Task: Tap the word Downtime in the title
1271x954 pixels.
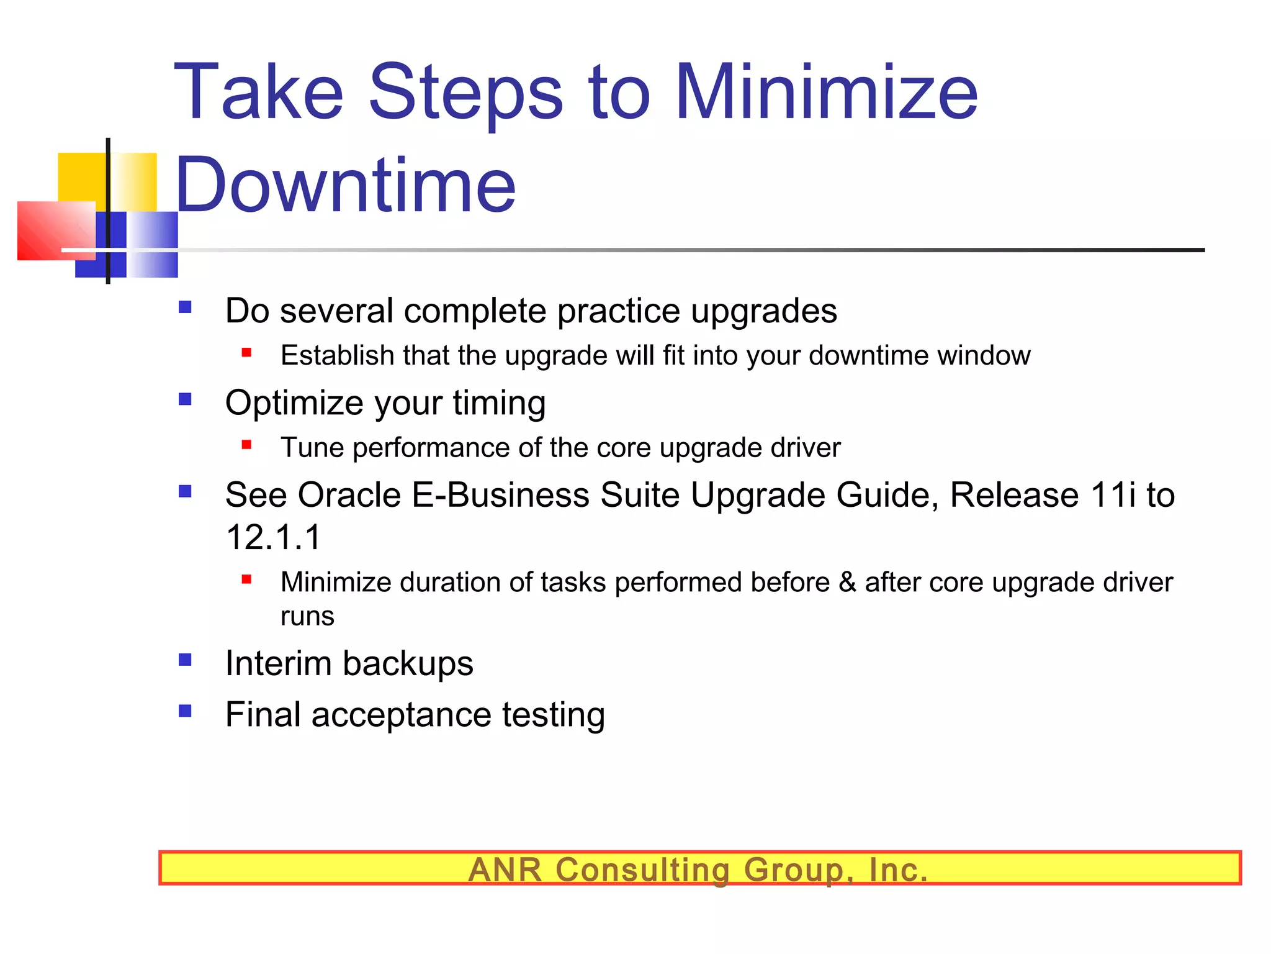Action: click(345, 185)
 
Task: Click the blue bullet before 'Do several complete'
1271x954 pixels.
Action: click(185, 307)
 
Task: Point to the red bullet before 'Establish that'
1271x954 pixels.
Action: click(246, 353)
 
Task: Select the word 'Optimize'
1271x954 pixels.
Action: click(294, 402)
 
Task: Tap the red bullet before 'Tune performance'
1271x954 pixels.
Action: click(246, 445)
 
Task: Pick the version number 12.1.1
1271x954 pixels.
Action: click(273, 537)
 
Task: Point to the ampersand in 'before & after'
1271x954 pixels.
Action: click(847, 583)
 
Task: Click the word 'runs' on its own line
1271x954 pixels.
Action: click(307, 616)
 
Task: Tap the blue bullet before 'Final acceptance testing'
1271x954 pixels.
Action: click(185, 711)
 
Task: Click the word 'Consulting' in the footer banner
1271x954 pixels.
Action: click(642, 869)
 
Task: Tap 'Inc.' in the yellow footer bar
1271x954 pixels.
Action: click(898, 869)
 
